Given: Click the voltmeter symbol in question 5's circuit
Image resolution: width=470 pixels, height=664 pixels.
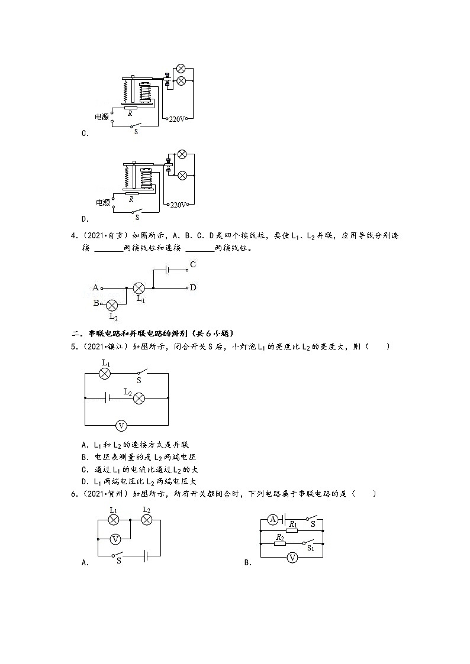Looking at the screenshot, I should click(x=121, y=425).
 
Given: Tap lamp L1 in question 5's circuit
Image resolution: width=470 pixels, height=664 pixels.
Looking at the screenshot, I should click(x=105, y=374).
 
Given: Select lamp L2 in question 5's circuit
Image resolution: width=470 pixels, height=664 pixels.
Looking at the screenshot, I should click(x=139, y=399).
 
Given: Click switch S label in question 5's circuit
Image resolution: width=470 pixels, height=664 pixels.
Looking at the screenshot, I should click(x=139, y=381).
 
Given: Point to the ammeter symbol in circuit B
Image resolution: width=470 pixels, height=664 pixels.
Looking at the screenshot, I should click(x=273, y=519).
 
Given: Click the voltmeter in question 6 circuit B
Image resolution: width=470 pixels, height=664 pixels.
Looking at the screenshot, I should click(x=292, y=556).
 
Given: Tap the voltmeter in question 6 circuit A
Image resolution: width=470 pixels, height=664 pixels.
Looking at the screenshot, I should click(x=116, y=538).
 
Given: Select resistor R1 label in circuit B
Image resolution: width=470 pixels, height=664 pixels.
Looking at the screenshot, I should click(x=292, y=523).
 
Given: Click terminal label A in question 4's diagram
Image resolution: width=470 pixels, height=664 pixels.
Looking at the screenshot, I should click(x=95, y=288).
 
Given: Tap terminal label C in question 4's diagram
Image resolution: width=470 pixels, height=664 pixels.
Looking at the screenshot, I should click(x=193, y=264).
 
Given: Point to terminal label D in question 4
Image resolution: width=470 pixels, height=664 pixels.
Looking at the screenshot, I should click(x=193, y=288).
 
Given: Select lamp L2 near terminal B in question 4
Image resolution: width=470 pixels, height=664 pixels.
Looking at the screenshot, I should click(x=112, y=305).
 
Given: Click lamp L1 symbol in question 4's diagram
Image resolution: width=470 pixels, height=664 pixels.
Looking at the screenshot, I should click(x=139, y=288).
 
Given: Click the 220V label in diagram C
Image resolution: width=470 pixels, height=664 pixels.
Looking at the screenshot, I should click(x=177, y=119).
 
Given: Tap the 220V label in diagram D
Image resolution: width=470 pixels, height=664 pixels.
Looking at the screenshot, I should click(x=178, y=205).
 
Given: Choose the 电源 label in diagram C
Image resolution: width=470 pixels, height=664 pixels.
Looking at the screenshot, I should click(x=102, y=117).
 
